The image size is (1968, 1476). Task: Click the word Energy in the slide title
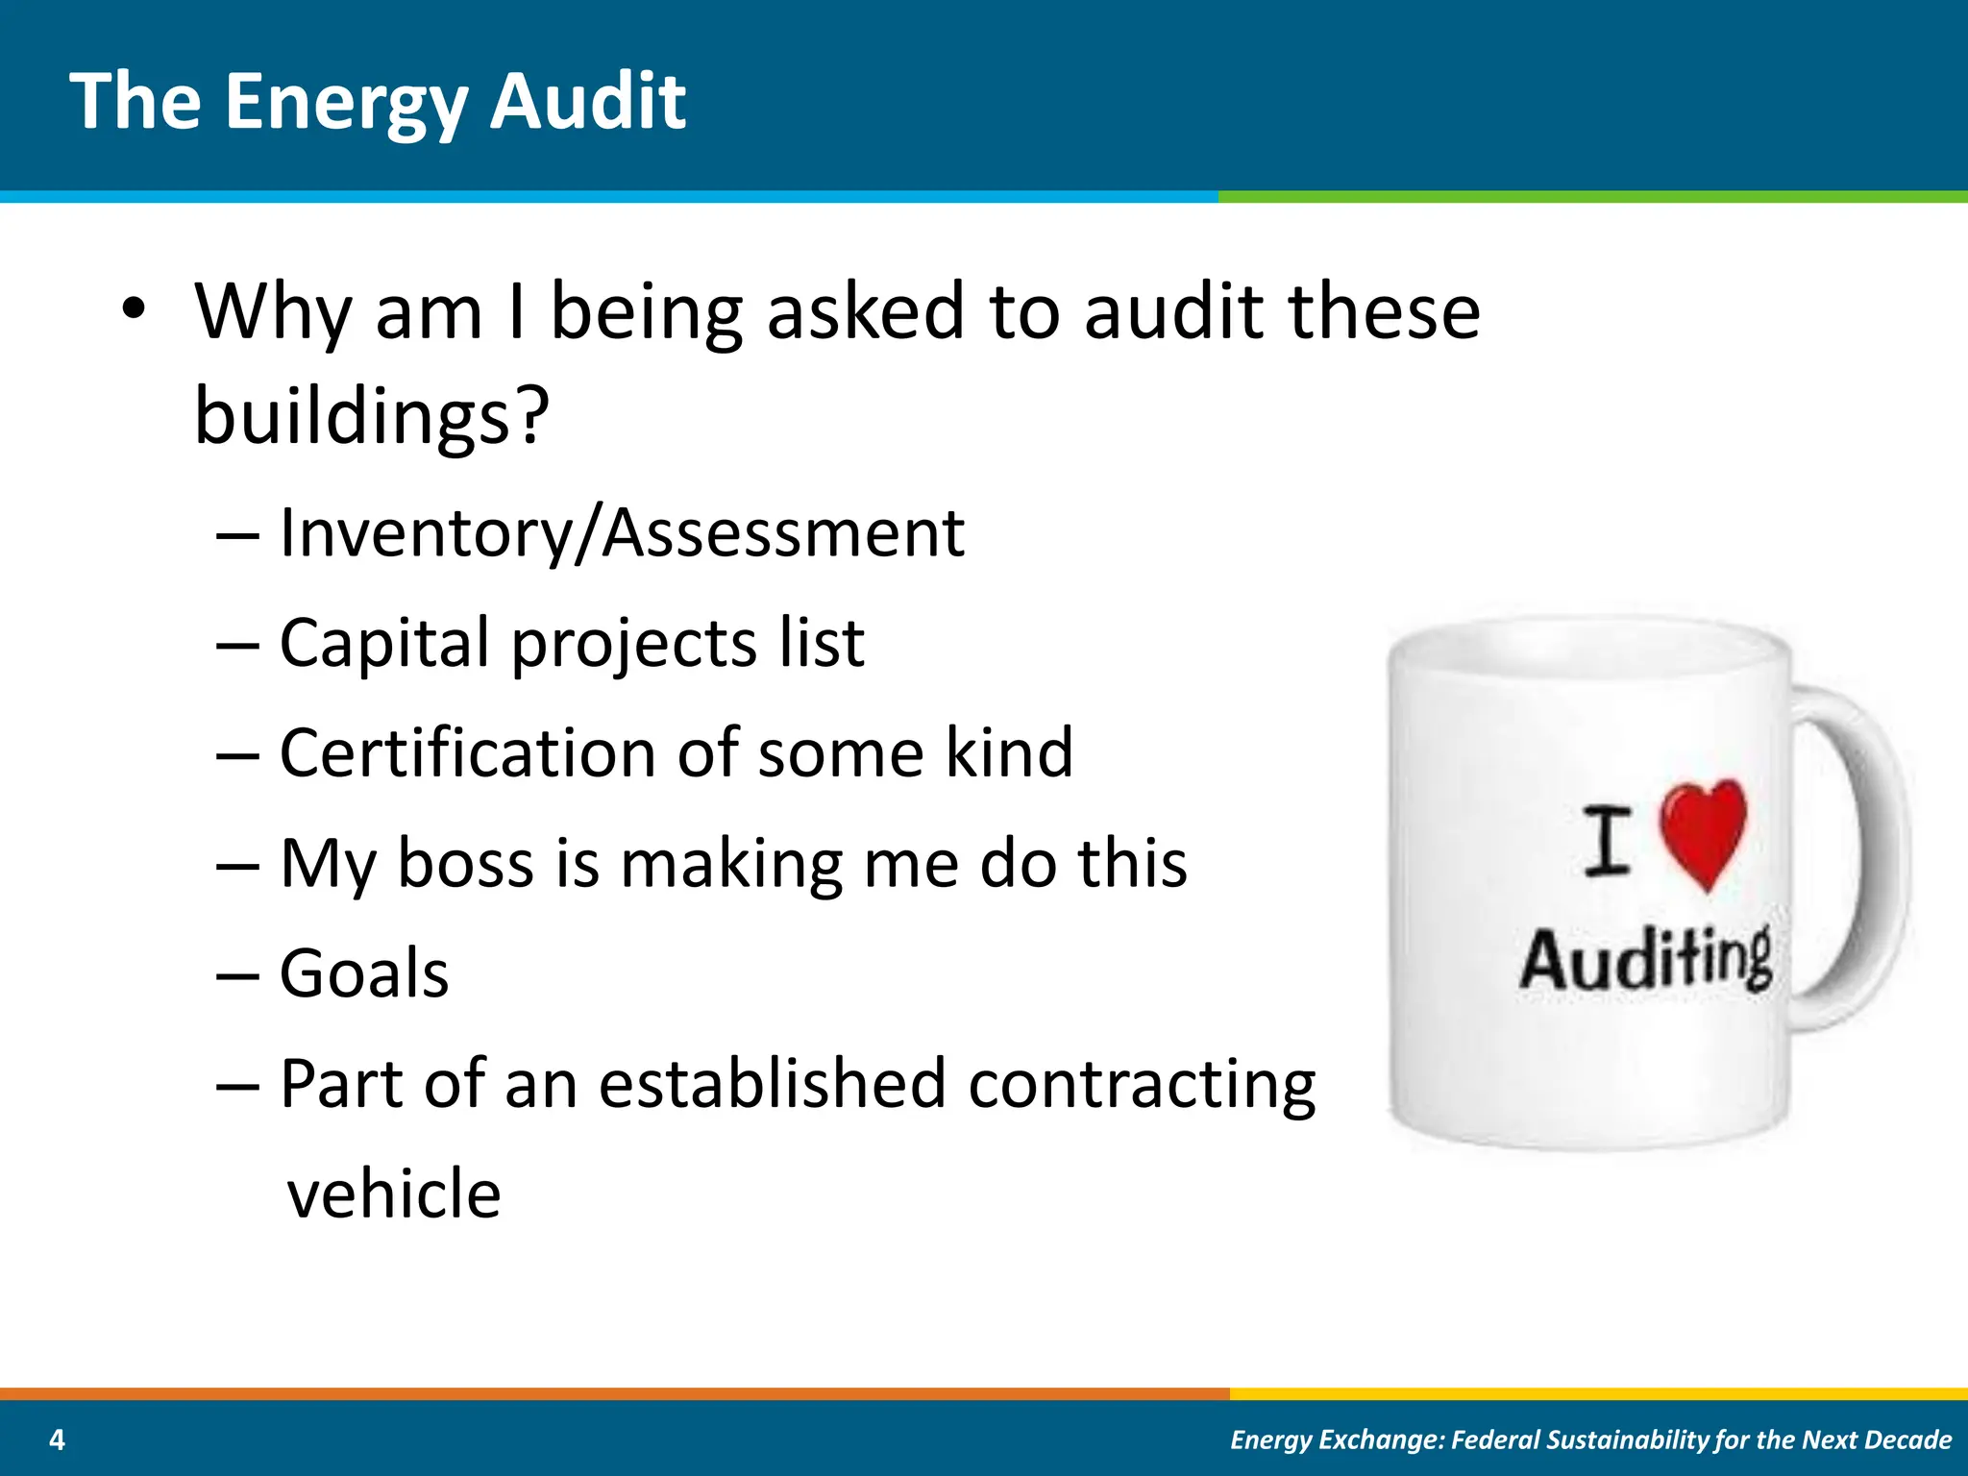346,104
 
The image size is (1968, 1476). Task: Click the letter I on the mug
1607,842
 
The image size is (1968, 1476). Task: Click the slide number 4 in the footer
57,1439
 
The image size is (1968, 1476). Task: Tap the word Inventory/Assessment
622,533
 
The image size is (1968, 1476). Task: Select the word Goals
364,973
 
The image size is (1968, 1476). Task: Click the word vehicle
394,1193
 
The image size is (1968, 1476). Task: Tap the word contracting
1142,1085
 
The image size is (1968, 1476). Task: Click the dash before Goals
237,975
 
